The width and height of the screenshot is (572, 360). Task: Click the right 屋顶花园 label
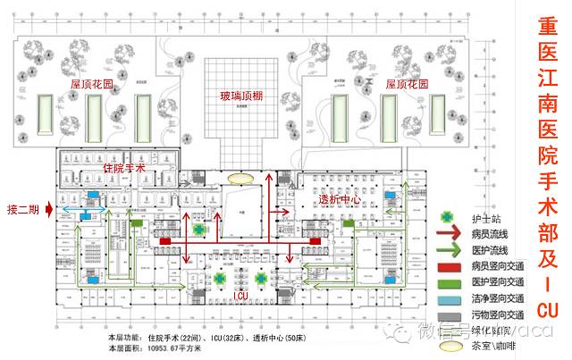(x=407, y=83)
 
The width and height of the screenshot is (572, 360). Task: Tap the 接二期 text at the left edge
(x=23, y=207)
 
